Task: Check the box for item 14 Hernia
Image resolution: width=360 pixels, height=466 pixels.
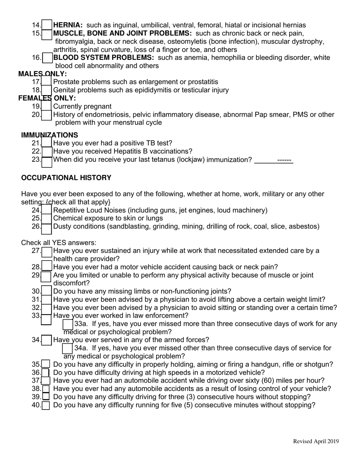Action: pyautogui.click(x=47, y=25)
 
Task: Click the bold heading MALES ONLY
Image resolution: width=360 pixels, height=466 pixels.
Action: pyautogui.click(x=42, y=74)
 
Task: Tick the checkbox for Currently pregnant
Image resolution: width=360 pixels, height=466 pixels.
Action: pyautogui.click(x=47, y=106)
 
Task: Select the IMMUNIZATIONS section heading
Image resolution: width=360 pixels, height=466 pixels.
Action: pyautogui.click(x=50, y=135)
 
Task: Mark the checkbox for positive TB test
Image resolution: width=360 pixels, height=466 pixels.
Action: pyautogui.click(x=47, y=143)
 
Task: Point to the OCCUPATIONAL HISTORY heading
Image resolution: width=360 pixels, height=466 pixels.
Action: pyautogui.click(x=66, y=178)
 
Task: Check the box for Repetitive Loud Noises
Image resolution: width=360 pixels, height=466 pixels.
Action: pyautogui.click(x=47, y=210)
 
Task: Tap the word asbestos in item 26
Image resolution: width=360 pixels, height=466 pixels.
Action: pyautogui.click(x=305, y=227)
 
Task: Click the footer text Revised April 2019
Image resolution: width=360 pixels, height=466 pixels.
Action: pyautogui.click(x=316, y=441)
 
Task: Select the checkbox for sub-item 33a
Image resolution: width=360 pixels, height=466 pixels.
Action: pyautogui.click(x=68, y=324)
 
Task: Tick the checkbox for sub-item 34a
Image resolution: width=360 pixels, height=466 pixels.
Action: pyautogui.click(x=67, y=348)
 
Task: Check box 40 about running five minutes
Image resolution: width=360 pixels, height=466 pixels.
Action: pyautogui.click(x=46, y=405)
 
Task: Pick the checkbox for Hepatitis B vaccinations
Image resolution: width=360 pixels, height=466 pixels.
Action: pyautogui.click(x=47, y=152)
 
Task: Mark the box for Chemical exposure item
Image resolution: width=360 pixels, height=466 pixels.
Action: pyautogui.click(x=47, y=219)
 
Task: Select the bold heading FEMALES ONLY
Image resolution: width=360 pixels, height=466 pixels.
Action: pyautogui.click(x=47, y=99)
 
